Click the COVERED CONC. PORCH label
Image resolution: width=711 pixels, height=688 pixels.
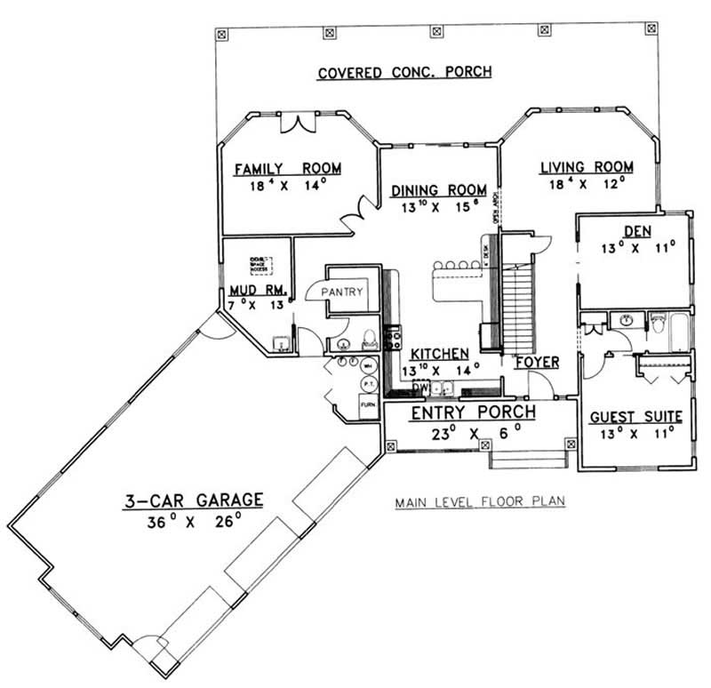404,72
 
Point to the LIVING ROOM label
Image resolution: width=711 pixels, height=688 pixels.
587,166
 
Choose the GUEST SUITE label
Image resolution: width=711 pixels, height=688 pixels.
636,416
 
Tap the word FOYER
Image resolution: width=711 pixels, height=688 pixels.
537,363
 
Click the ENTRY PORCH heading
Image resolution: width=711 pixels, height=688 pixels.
472,412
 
